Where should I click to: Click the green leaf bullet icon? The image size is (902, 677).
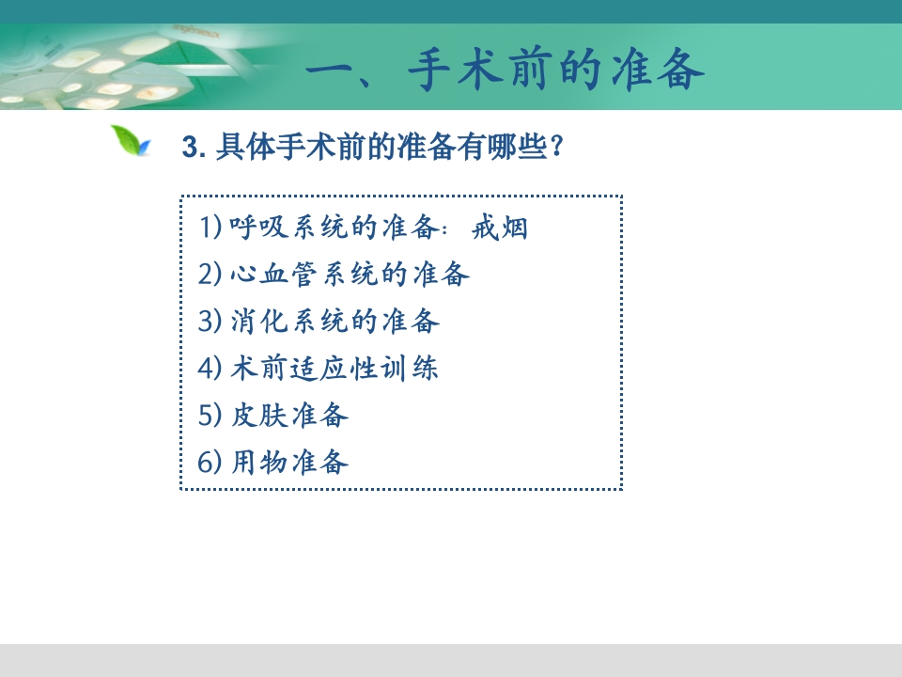[131, 142]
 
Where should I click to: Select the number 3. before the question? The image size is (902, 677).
[194, 149]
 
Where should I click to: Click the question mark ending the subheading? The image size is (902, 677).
[558, 148]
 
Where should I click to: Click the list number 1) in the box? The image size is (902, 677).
[210, 228]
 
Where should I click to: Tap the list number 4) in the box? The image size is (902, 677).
[210, 369]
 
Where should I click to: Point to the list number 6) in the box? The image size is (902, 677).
[210, 463]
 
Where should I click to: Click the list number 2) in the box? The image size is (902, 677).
[210, 275]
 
